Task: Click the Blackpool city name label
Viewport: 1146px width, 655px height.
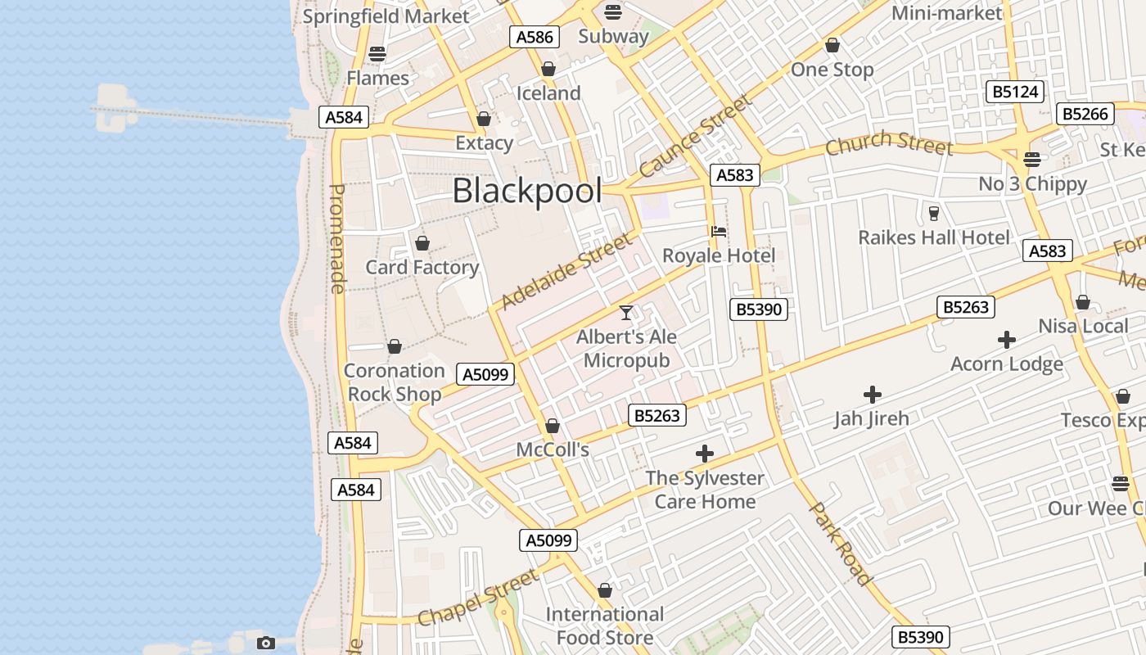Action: [527, 191]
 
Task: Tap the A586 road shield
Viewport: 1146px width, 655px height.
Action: [535, 37]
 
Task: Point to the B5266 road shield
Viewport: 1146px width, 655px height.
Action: [1085, 114]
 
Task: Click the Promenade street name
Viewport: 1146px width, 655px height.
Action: [337, 238]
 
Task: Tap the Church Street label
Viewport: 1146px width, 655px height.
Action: [889, 143]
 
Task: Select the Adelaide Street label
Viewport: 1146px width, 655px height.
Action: [566, 271]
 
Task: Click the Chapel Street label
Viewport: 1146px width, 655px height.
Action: [479, 598]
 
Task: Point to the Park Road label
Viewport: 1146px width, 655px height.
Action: [841, 544]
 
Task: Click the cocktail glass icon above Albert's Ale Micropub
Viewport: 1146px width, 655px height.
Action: [626, 312]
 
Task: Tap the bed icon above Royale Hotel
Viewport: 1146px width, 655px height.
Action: [719, 232]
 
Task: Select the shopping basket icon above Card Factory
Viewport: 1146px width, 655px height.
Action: [422, 243]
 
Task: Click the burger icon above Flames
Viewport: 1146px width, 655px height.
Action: [377, 54]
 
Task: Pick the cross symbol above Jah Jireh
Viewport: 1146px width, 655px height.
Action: [873, 395]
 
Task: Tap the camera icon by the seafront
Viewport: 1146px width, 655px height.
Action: [265, 643]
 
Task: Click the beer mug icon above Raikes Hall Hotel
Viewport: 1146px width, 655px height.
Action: [933, 214]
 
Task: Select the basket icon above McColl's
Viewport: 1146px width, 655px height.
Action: [553, 426]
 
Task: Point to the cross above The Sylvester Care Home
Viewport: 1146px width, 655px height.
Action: [704, 454]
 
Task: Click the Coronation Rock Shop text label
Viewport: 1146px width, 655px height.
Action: [394, 382]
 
